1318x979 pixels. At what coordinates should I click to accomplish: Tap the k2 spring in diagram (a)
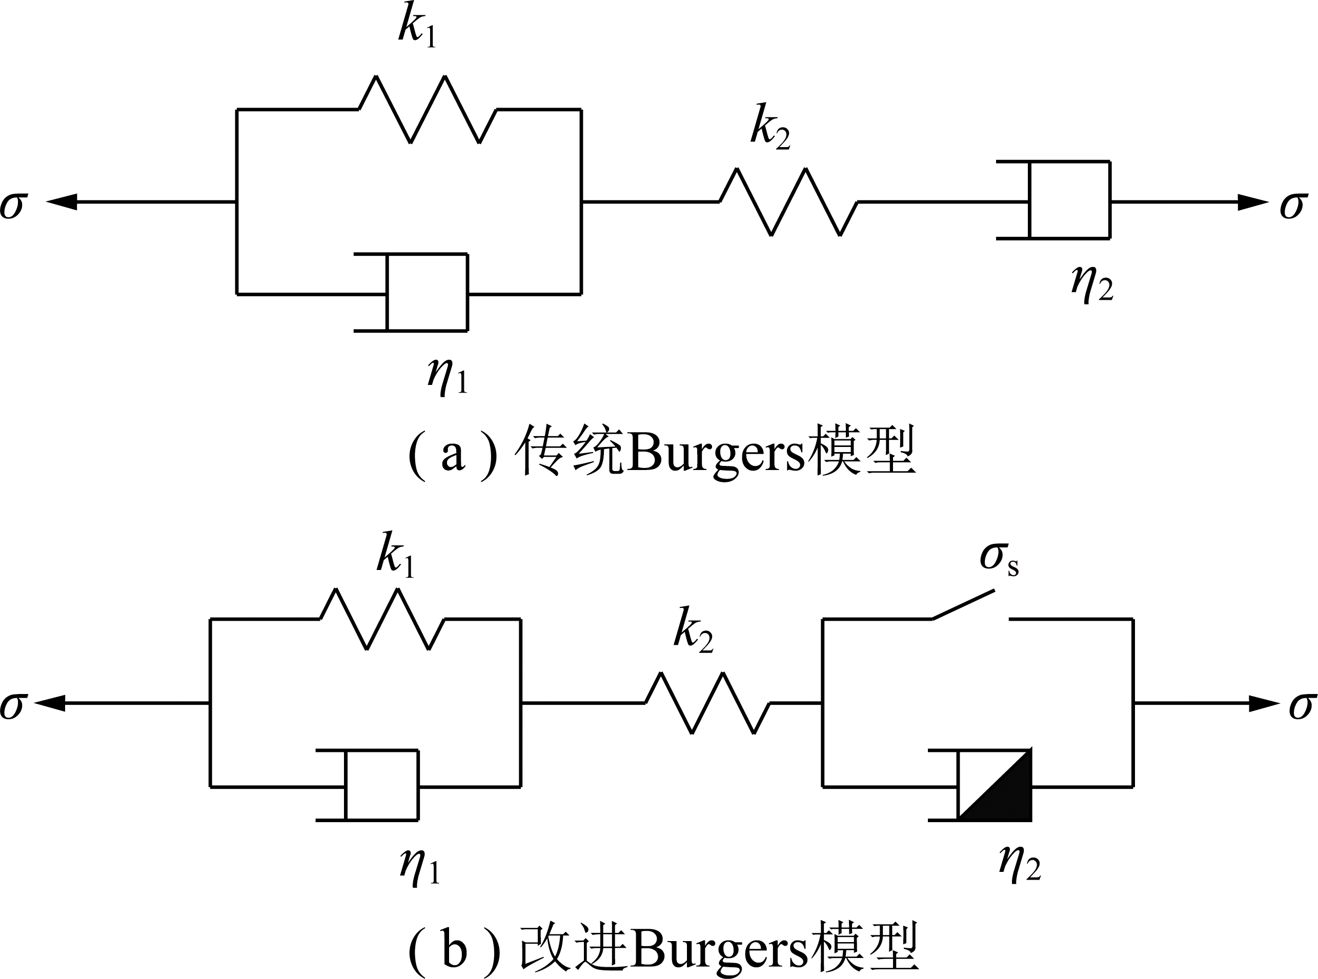point(789,202)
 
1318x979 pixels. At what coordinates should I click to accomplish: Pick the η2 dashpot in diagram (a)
point(1053,200)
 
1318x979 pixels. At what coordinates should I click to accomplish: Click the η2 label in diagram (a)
point(1092,284)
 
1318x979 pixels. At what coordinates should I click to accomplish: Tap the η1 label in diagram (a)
point(448,377)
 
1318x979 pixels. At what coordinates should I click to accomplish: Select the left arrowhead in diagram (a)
point(62,202)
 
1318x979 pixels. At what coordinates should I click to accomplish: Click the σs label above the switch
point(999,558)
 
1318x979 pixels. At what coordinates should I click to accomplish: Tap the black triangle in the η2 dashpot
point(1007,797)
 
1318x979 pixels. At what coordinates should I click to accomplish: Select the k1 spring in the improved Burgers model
point(383,619)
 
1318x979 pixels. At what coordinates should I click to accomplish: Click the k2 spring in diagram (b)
point(707,703)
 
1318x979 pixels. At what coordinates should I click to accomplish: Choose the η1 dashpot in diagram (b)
point(368,786)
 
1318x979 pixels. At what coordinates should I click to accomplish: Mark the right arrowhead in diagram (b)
point(1264,703)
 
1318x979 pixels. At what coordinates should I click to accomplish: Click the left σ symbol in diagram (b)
point(13,706)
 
